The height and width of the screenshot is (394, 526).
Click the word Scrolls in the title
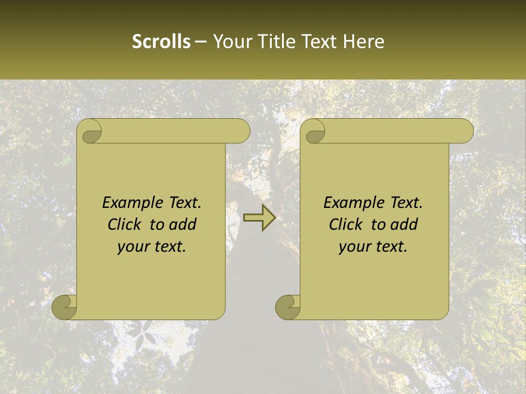161,42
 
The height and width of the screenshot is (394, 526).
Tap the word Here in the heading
363,42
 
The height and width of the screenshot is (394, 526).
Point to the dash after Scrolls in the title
201,42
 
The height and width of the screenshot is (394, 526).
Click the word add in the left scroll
183,224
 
